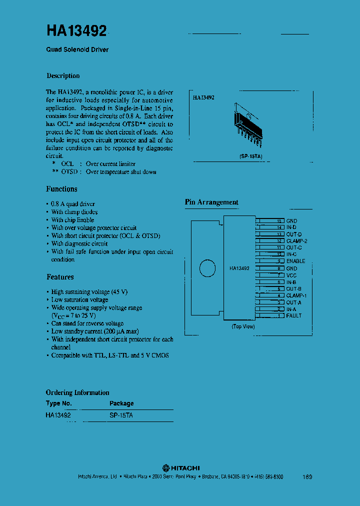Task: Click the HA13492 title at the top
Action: click(76, 31)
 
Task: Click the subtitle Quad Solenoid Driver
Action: click(77, 50)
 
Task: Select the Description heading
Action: click(63, 76)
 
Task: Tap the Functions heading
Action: click(61, 189)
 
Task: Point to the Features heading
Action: click(60, 277)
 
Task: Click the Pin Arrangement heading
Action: click(211, 202)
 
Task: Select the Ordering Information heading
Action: click(77, 392)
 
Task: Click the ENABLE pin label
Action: click(295, 261)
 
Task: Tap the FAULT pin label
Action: click(293, 316)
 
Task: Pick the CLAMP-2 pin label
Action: click(296, 241)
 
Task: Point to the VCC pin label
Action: click(291, 275)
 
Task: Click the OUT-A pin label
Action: click(293, 302)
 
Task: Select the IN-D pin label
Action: click(291, 227)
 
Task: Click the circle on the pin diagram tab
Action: click(207, 268)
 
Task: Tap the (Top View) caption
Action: click(243, 326)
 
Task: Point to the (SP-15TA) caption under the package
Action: click(250, 156)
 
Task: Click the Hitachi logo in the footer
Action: click(181, 467)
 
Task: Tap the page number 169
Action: click(307, 477)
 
